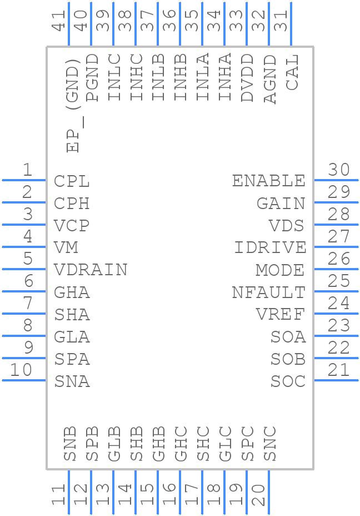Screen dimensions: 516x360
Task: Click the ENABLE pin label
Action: pos(268,181)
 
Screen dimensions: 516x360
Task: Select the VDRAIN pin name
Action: pos(91,270)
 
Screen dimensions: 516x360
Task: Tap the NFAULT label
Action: pos(268,292)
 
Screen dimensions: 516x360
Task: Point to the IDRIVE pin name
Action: pos(270,248)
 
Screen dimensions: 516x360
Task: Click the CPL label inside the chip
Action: pos(72,181)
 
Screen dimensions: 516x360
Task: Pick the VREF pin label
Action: pos(280,315)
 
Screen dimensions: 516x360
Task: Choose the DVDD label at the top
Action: pos(247,78)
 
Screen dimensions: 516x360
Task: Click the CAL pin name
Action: pos(292,72)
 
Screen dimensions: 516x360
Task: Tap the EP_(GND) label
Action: pos(73,109)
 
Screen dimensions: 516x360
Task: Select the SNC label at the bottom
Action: pos(270,444)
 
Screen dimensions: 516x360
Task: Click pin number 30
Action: pos(339,170)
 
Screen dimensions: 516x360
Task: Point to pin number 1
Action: pos(27,170)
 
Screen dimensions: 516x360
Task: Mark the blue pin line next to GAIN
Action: pos(336,202)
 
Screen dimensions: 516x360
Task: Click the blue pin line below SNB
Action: pos(69,492)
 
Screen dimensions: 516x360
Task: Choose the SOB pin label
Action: pos(288,359)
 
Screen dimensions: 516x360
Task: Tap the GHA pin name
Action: pos(72,292)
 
